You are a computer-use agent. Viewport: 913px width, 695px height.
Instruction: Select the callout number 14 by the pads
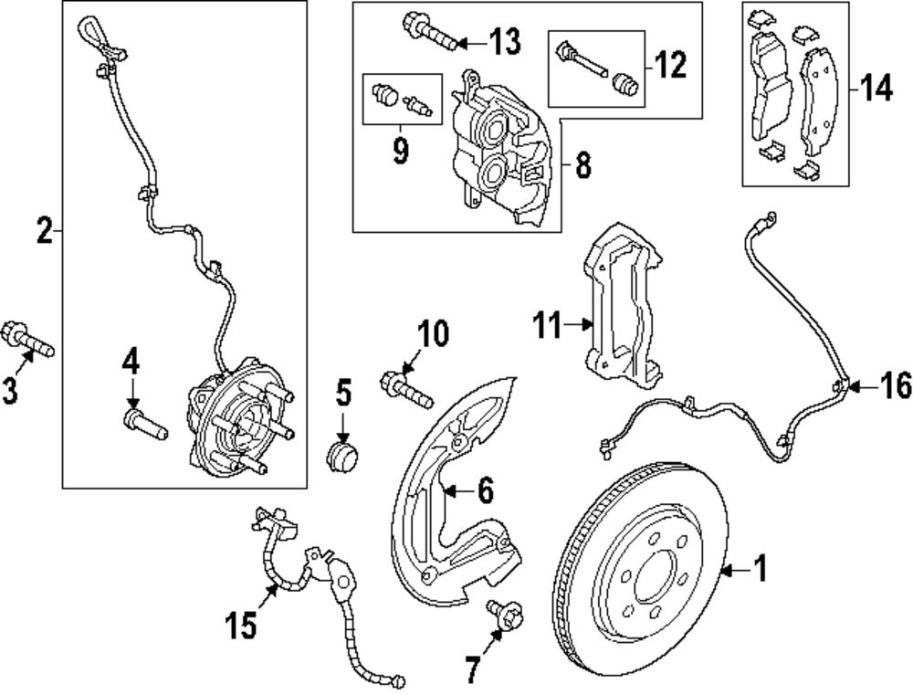point(876,90)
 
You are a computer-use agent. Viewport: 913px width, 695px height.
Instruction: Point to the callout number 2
point(45,231)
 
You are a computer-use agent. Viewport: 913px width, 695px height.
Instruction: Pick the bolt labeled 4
point(146,424)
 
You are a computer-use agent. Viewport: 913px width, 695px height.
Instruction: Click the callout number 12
point(671,64)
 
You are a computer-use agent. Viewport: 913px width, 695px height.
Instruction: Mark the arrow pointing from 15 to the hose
point(268,596)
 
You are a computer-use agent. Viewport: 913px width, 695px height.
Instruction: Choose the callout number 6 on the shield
point(485,490)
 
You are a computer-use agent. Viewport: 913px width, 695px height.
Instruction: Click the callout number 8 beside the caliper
point(582,165)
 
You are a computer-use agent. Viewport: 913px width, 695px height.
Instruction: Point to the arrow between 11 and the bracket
point(579,324)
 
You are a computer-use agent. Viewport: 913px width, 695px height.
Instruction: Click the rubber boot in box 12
point(625,83)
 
